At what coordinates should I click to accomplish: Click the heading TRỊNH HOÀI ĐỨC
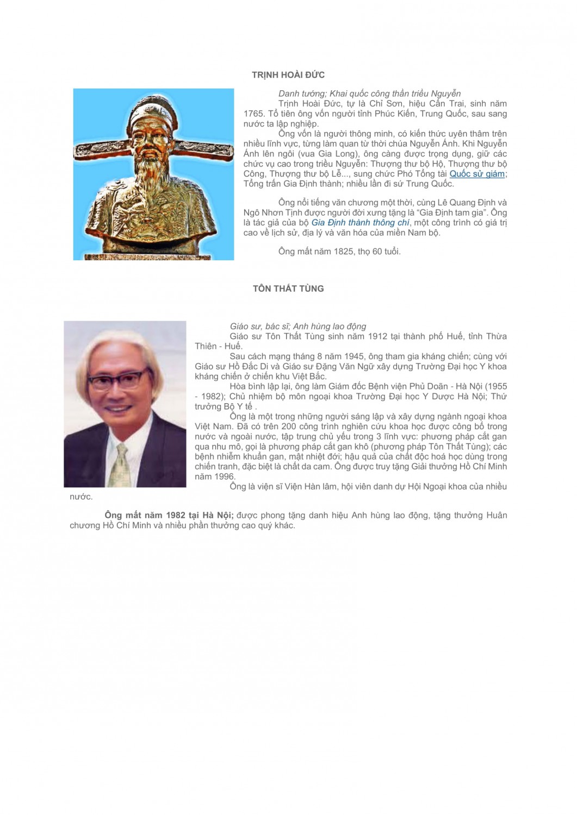[288, 75]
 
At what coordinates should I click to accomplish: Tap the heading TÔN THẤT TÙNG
[288, 289]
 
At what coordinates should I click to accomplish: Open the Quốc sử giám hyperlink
[477, 174]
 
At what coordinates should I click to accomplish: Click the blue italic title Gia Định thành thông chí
[360, 222]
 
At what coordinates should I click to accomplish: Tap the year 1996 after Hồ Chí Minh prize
[224, 477]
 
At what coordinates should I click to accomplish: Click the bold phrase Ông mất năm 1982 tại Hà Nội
[169, 515]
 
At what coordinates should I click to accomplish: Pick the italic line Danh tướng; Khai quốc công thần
[369, 93]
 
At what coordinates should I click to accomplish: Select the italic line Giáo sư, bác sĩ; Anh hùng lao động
[298, 327]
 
